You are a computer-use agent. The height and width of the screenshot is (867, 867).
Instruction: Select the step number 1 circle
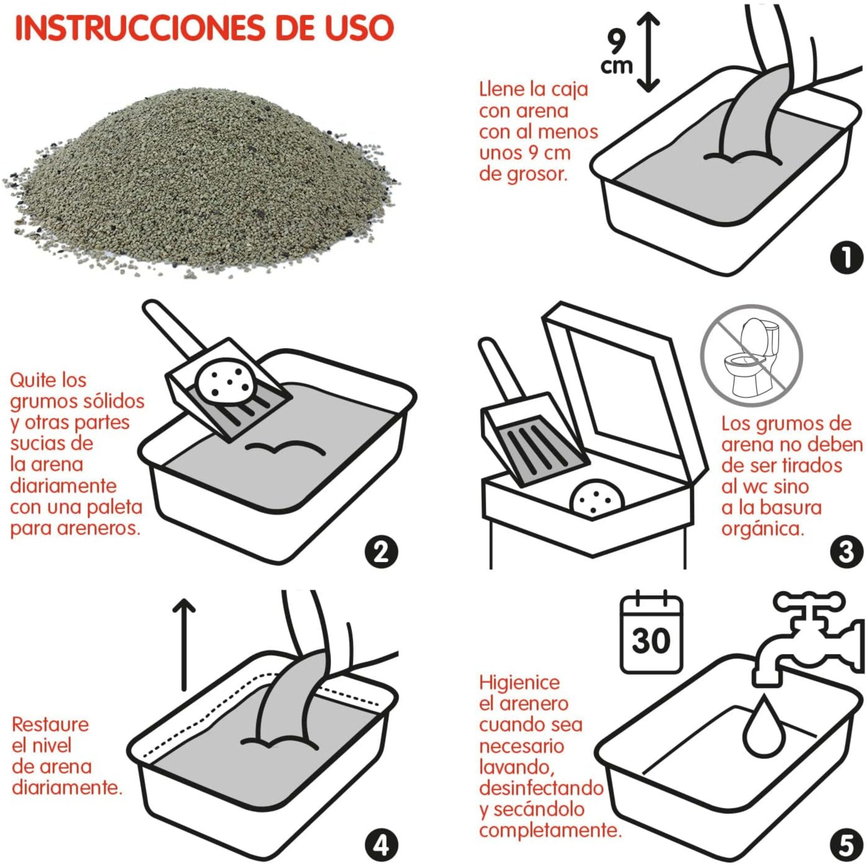tap(846, 258)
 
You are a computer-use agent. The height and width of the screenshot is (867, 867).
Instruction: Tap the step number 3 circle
tap(846, 552)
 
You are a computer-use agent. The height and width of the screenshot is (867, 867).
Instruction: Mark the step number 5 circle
tap(846, 846)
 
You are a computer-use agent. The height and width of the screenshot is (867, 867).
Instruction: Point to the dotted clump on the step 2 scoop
tap(227, 381)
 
